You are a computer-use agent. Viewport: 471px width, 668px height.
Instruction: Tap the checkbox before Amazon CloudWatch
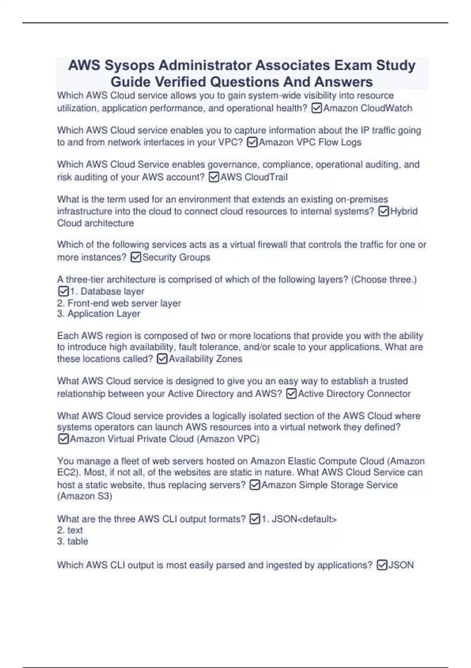[x=316, y=108]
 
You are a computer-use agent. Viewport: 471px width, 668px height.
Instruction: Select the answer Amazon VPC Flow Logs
[x=310, y=142]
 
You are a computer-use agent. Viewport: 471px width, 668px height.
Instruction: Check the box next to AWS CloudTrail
[x=214, y=177]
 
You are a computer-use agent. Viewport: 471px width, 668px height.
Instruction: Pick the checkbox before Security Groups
[x=135, y=257]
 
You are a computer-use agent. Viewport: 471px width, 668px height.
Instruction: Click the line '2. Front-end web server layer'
[x=119, y=303]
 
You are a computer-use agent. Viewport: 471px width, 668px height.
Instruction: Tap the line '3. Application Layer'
[x=99, y=314]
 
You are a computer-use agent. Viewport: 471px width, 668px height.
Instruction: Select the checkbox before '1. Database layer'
[x=63, y=292]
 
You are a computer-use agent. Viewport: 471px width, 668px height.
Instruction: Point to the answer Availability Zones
[x=205, y=359]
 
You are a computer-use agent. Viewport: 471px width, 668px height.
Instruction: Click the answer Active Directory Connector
[x=354, y=394]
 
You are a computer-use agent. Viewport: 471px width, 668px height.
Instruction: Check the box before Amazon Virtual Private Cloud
[x=63, y=439]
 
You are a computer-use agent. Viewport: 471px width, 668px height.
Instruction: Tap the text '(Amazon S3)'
[x=85, y=496]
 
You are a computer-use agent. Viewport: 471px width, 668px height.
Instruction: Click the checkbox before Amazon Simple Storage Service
[x=255, y=485]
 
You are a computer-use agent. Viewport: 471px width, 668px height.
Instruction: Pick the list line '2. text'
[x=70, y=530]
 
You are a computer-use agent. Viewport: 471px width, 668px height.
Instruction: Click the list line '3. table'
[x=73, y=541]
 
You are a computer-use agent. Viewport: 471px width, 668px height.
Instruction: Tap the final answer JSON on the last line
[x=401, y=565]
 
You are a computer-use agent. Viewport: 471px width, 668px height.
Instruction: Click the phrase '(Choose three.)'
[x=384, y=280]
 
